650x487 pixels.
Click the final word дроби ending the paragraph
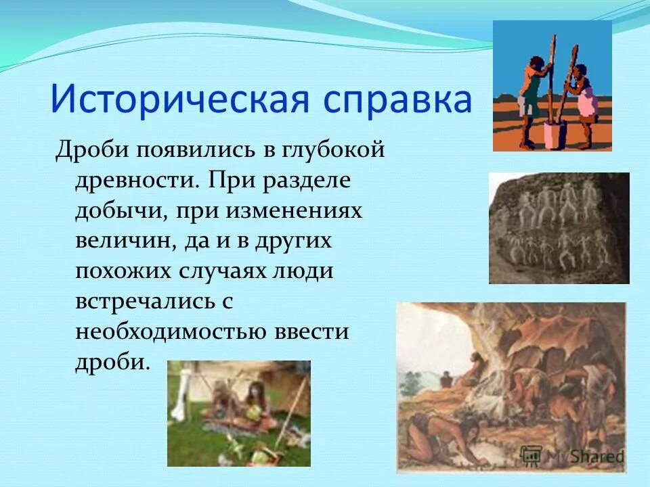tap(111, 363)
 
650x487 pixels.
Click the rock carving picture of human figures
tap(559, 228)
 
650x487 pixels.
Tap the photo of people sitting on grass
tap(238, 413)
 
